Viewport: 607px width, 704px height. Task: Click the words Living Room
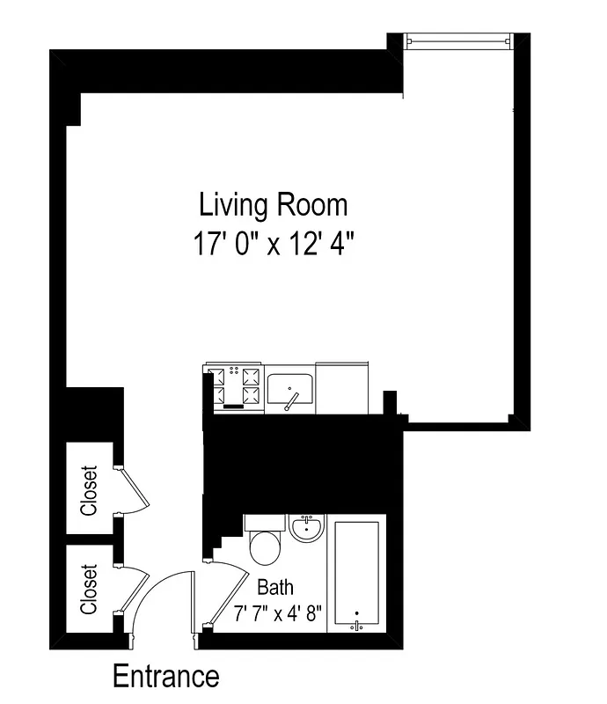(x=274, y=205)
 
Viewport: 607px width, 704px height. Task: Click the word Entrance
(x=165, y=677)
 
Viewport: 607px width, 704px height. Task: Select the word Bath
(x=275, y=587)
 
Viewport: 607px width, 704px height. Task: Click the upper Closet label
(x=89, y=490)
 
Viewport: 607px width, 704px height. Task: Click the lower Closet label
(x=89, y=590)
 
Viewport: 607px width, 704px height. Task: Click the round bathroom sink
(x=307, y=528)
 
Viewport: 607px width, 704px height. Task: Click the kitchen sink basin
(x=290, y=387)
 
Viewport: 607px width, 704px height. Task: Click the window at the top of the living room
(x=457, y=41)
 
